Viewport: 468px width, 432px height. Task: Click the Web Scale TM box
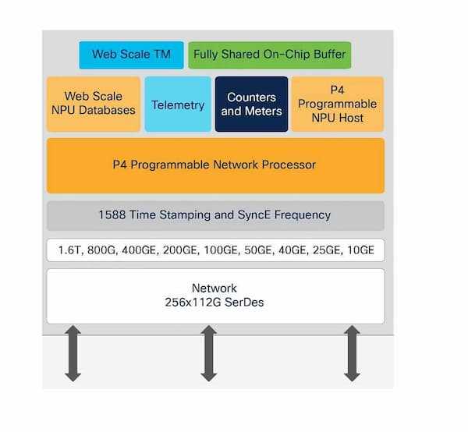131,55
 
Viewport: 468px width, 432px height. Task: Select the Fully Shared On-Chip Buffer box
270,55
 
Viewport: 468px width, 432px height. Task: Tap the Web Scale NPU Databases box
94,104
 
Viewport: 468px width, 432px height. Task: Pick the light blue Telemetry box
178,104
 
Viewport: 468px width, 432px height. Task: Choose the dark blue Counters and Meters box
251,104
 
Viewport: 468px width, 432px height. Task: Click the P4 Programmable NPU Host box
337,104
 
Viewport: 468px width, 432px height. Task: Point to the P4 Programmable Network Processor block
215,165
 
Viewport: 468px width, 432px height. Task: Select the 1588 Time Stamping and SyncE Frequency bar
215,215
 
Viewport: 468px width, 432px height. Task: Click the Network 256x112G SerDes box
215,295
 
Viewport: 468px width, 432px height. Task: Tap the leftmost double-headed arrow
73,353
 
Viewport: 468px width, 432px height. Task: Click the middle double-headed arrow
208,353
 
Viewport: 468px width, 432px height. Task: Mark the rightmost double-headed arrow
352,353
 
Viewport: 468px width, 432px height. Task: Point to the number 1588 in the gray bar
113,215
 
